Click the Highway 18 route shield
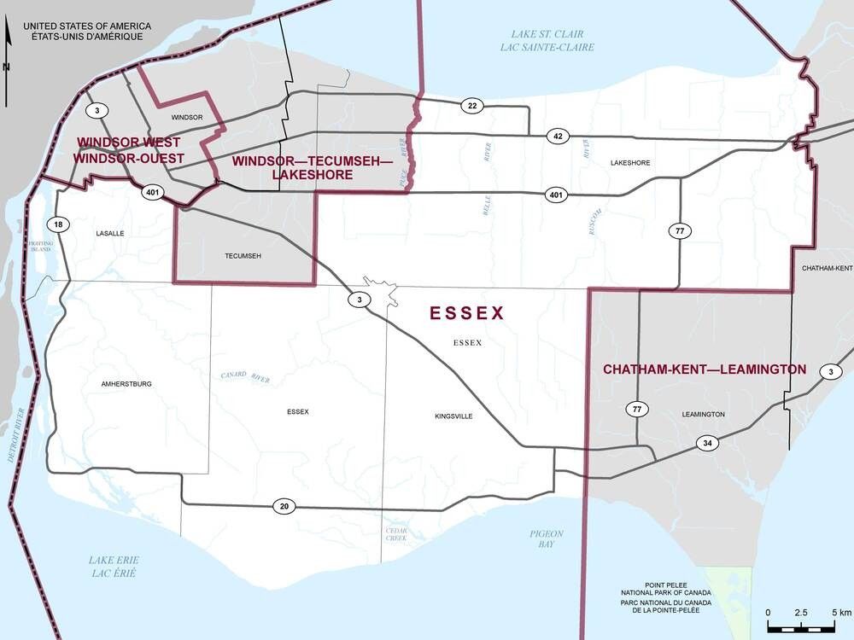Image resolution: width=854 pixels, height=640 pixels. pos(58,224)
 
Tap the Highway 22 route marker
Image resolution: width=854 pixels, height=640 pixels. pos(471,105)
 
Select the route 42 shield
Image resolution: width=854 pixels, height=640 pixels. pos(557,137)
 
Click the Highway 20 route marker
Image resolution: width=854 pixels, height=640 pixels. pos(284,506)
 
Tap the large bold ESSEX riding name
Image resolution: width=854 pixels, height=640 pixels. pos(467,313)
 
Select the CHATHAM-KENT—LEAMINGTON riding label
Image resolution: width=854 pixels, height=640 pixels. pos(705,369)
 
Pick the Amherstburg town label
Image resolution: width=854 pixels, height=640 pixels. pos(126,384)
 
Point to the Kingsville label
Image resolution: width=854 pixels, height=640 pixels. pos(453,416)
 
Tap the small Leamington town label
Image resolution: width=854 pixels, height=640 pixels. pos(703,414)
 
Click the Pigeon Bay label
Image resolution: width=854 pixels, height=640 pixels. pos(546,538)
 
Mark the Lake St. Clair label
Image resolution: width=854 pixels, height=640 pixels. pos(547,40)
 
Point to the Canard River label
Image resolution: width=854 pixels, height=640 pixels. pos(245,376)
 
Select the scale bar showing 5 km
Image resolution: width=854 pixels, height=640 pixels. pos(800,625)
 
